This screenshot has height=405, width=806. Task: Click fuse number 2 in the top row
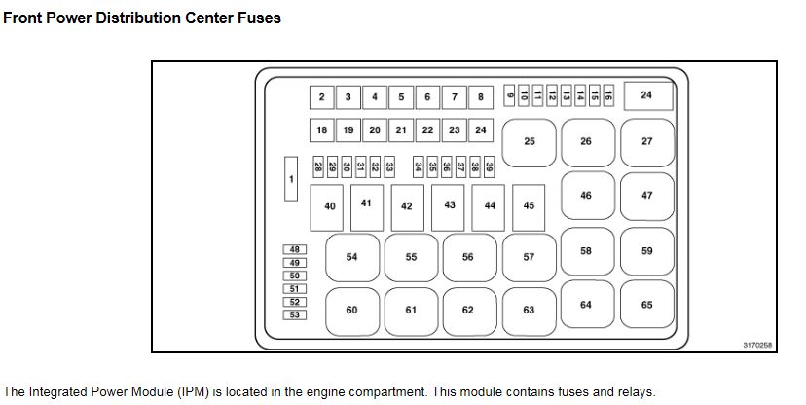(321, 97)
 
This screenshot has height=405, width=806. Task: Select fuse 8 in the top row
(481, 97)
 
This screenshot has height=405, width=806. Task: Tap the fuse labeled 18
(322, 129)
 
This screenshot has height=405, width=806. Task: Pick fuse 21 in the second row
(401, 129)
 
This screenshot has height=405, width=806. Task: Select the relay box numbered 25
(530, 142)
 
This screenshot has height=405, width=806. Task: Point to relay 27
(647, 142)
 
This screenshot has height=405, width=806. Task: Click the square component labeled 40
(330, 206)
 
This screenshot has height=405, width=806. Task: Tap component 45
(529, 205)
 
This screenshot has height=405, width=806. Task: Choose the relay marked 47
(647, 196)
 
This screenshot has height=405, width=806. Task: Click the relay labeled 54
(351, 257)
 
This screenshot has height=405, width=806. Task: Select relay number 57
(529, 257)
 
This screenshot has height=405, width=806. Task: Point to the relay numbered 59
(647, 251)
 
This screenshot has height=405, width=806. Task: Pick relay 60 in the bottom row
(351, 310)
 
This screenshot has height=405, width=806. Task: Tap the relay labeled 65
(647, 305)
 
